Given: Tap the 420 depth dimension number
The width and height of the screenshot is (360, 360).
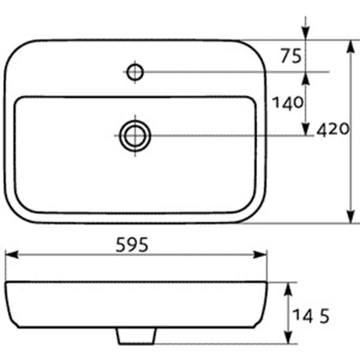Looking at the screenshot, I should coord(332,130).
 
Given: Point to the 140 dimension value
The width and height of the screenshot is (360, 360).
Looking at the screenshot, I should coord(287,103).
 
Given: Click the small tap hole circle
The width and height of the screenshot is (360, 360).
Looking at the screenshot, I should coord(135,72).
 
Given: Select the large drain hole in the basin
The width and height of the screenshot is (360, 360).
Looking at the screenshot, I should coord(135,136).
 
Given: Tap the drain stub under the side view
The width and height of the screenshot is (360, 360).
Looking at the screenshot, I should coord(136,337).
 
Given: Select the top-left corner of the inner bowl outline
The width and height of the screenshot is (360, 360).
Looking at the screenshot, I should coord(20,102).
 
